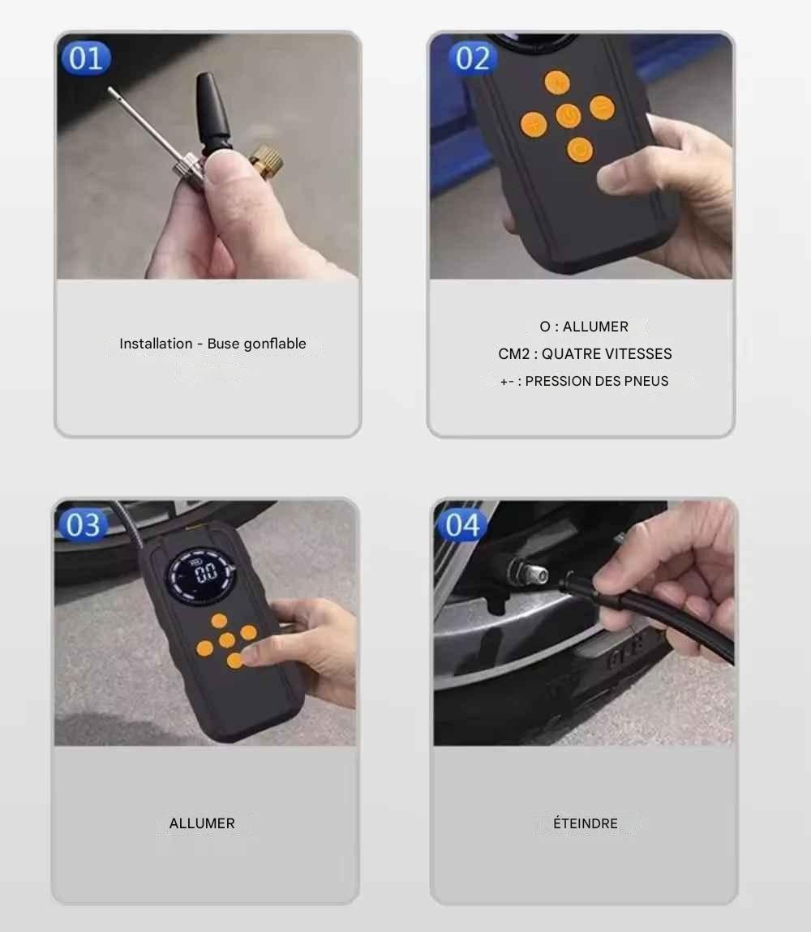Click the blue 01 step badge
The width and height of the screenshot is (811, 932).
coord(86,58)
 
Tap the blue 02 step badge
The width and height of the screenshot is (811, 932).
coord(473,58)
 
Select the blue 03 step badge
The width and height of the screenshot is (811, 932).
coord(83,525)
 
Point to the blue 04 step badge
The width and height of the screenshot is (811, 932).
coord(462,525)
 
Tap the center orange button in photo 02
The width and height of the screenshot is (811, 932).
coord(569,115)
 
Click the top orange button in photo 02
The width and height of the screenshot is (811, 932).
coord(557,83)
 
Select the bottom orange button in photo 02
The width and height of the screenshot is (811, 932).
coord(580,150)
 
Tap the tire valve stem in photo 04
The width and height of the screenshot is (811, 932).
coord(527,574)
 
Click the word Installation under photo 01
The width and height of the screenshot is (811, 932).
coord(156,344)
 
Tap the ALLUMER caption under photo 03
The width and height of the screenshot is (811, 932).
coord(202,823)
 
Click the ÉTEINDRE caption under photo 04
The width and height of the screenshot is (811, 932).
coord(586,823)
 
